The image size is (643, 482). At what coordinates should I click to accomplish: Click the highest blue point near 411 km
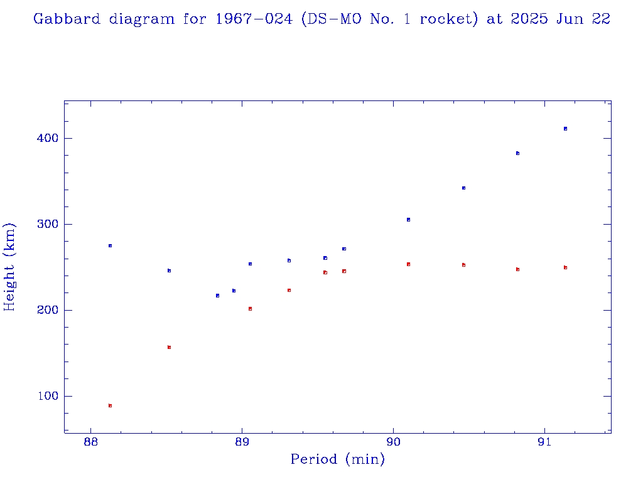pos(565,129)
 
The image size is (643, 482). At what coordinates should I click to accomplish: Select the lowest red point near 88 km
pos(110,405)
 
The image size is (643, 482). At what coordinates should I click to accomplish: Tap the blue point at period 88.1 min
pos(110,245)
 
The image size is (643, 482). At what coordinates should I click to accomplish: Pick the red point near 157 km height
pos(169,347)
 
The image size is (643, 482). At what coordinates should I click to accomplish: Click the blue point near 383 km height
pos(517,153)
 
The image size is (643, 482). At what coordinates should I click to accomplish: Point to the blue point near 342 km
pos(463,188)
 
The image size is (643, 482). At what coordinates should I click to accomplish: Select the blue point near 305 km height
pos(408,220)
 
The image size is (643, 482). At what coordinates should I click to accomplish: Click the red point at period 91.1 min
pos(565,267)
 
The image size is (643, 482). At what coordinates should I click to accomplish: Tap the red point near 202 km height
pos(250,309)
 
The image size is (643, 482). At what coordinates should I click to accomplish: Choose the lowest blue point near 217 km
pos(217,295)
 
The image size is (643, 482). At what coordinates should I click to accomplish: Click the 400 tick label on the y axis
pos(43,138)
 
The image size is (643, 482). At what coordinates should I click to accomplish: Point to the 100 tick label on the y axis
pos(43,396)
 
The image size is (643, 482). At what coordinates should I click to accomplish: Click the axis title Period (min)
pos(338,460)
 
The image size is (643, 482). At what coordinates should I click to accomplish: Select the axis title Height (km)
pos(9,267)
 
